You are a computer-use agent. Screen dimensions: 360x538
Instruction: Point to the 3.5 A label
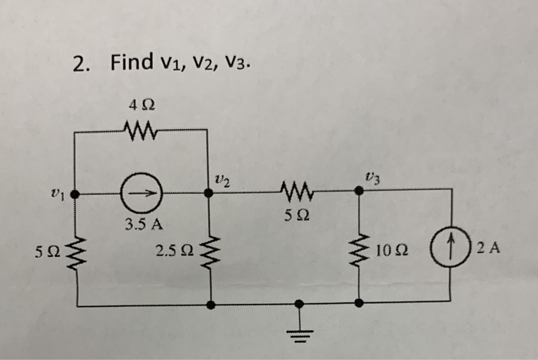pyautogui.click(x=143, y=225)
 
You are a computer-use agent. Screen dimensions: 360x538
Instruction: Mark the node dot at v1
pyautogui.click(x=74, y=194)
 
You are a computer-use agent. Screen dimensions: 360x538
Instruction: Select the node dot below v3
pyautogui.click(x=358, y=193)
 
